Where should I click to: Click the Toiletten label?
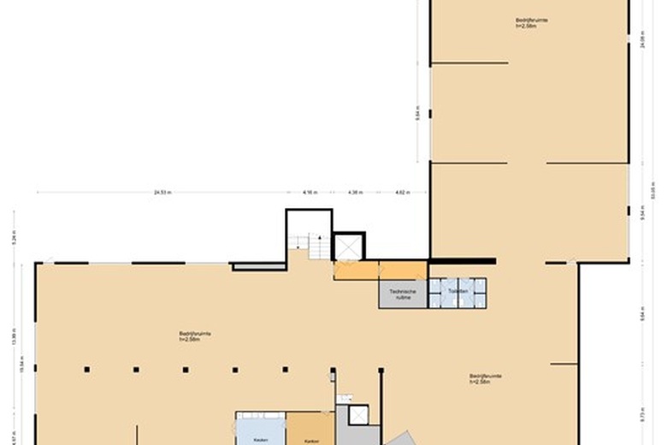457,292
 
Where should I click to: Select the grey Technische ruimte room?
403,294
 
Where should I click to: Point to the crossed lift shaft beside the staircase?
349,246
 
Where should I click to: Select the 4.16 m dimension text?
310,193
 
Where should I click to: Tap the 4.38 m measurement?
355,193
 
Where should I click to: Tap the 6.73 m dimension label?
642,415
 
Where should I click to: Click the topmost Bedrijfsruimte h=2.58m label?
531,23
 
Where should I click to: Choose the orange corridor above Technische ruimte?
380,270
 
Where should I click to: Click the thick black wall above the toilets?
461,261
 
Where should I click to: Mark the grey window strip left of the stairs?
258,267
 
